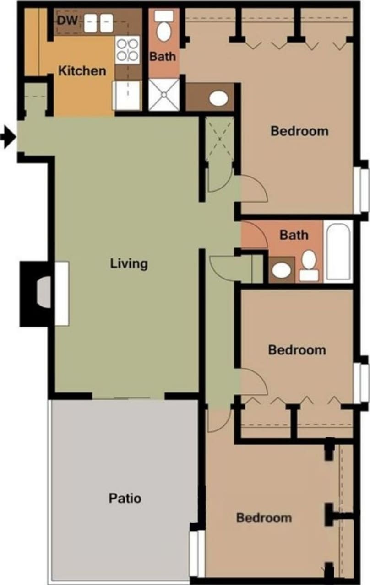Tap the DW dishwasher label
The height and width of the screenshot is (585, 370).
click(x=68, y=20)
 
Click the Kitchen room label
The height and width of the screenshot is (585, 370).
click(x=82, y=71)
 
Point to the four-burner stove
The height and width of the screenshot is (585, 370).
click(x=127, y=49)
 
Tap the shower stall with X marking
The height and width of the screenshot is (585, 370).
click(x=163, y=94)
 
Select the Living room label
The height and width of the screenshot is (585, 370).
click(x=129, y=263)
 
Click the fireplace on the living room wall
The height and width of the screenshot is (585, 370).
click(x=43, y=293)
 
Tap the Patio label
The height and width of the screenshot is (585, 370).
click(x=125, y=498)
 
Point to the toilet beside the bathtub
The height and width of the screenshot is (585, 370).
click(x=309, y=265)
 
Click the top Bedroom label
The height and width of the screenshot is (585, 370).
click(x=299, y=131)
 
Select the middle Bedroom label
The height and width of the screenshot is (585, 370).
click(x=297, y=350)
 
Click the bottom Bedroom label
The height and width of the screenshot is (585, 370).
click(x=264, y=518)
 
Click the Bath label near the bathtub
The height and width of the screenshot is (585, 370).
click(x=294, y=235)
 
